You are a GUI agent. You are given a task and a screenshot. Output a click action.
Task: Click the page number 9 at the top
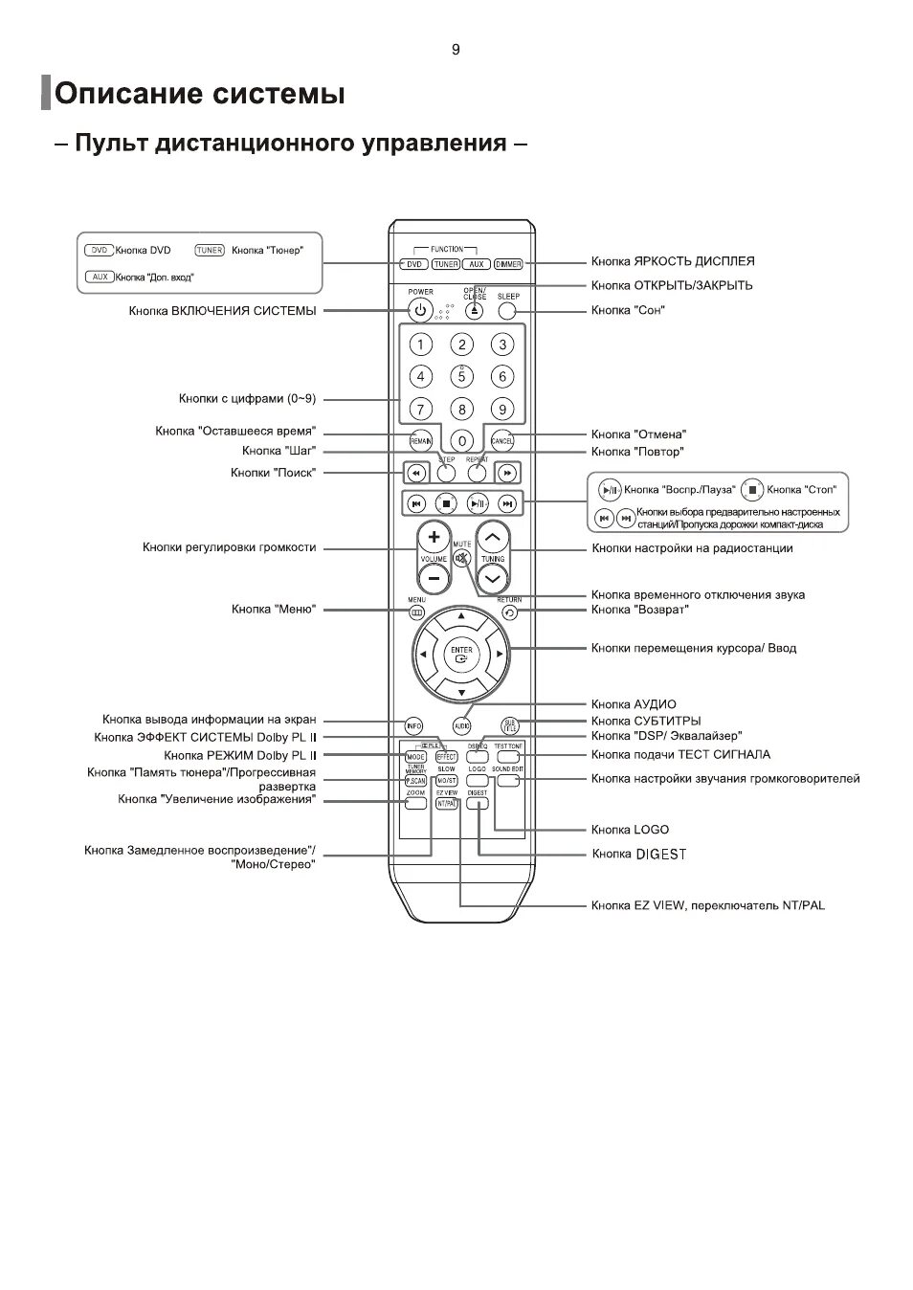coord(456,50)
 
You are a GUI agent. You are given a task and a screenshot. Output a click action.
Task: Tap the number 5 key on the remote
coord(461,376)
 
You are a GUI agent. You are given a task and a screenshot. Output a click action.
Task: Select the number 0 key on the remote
coord(461,441)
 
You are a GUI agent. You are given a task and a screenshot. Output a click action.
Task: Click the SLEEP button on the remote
coord(507,310)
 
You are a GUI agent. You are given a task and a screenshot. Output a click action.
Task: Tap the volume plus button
coord(434,537)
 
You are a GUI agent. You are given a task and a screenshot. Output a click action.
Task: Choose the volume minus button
coord(434,578)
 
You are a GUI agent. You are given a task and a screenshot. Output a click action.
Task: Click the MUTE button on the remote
coord(462,558)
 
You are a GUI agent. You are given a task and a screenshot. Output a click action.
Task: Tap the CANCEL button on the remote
coord(502,441)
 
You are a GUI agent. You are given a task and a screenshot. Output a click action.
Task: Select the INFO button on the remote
coord(413,725)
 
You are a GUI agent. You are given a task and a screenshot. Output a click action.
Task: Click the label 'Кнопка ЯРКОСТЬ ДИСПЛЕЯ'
coord(672,261)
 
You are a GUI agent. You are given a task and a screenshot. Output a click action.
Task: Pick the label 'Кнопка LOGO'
coord(630,830)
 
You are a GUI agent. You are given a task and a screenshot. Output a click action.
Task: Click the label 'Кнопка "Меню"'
coord(273,610)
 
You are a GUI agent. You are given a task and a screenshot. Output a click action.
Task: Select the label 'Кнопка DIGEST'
coord(638,854)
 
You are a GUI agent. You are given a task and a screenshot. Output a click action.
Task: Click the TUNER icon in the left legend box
coord(210,251)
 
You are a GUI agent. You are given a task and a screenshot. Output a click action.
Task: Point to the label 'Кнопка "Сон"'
coord(627,310)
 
